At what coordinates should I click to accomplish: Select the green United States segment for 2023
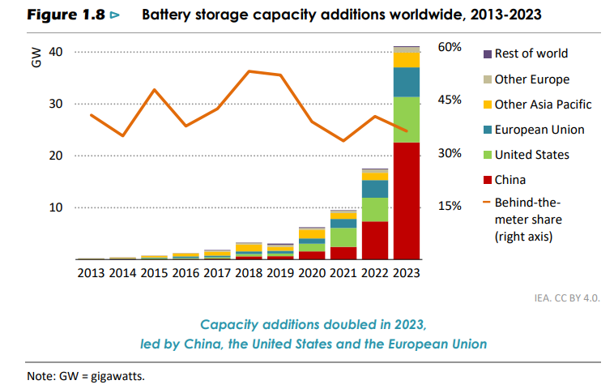click(x=407, y=119)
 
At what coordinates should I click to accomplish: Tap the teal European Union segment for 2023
click(x=407, y=82)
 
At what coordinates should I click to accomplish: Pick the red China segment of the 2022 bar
click(x=375, y=240)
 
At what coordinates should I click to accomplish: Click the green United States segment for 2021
click(x=343, y=237)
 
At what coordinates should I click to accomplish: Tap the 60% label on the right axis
click(x=450, y=47)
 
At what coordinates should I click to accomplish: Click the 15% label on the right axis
click(x=450, y=206)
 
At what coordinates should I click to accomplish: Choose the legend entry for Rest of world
click(x=531, y=53)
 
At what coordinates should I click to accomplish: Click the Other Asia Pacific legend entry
click(x=543, y=105)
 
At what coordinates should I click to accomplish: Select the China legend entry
click(x=510, y=180)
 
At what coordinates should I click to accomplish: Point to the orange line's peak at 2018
click(x=249, y=71)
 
